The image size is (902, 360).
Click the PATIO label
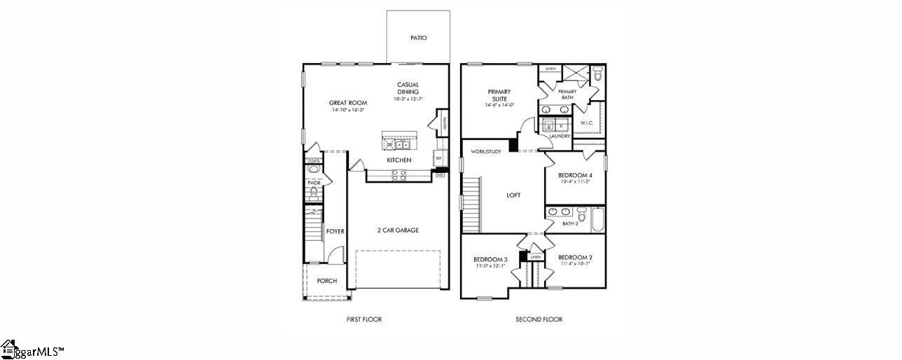[418, 38]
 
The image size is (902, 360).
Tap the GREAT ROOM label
[348, 103]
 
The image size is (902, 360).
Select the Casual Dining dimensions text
[408, 99]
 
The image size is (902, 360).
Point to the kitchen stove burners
[398, 175]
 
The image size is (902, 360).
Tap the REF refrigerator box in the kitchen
[439, 158]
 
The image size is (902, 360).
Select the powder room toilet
[314, 191]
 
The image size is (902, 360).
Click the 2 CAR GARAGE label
[398, 230]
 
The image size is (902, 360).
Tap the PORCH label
[326, 281]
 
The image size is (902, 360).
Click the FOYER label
[335, 231]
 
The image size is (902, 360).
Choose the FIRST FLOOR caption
[364, 319]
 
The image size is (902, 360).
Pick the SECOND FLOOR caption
[539, 319]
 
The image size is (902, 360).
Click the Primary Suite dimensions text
[499, 105]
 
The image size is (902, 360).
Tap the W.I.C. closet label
[587, 123]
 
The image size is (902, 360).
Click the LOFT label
[513, 195]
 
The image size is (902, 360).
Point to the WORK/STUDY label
[485, 151]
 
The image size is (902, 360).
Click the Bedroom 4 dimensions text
[575, 181]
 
